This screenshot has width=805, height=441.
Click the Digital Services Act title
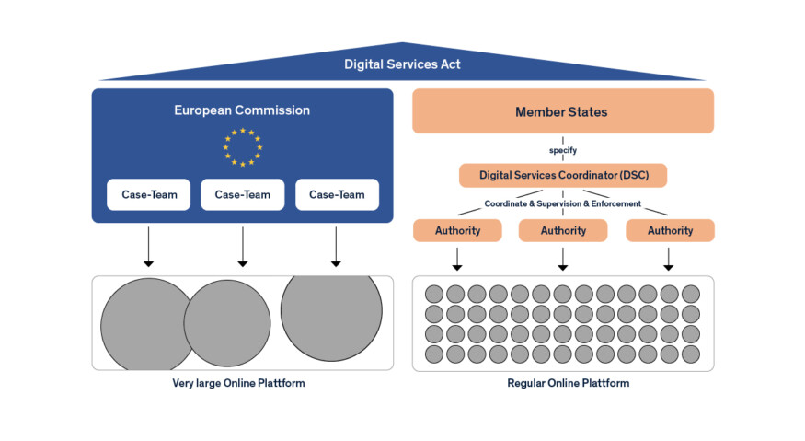tap(402, 64)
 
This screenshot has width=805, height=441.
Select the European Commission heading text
tap(242, 110)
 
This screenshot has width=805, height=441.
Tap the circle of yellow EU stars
tap(242, 147)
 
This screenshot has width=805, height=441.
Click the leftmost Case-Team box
tap(148, 194)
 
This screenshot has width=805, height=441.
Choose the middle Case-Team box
tap(242, 194)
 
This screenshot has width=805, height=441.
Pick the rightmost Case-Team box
tap(337, 194)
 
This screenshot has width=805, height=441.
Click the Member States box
tap(562, 111)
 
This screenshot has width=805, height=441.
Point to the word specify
tap(562, 149)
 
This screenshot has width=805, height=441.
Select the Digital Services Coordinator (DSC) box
tap(562, 175)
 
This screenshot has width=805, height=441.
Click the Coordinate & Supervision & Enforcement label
tap(562, 203)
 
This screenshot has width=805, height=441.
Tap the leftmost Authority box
tap(457, 230)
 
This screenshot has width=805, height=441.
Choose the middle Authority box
tap(562, 230)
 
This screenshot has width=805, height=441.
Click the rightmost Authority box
tap(669, 230)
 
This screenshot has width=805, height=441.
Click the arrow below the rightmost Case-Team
tap(337, 247)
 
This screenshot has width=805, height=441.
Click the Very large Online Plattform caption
tap(238, 383)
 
